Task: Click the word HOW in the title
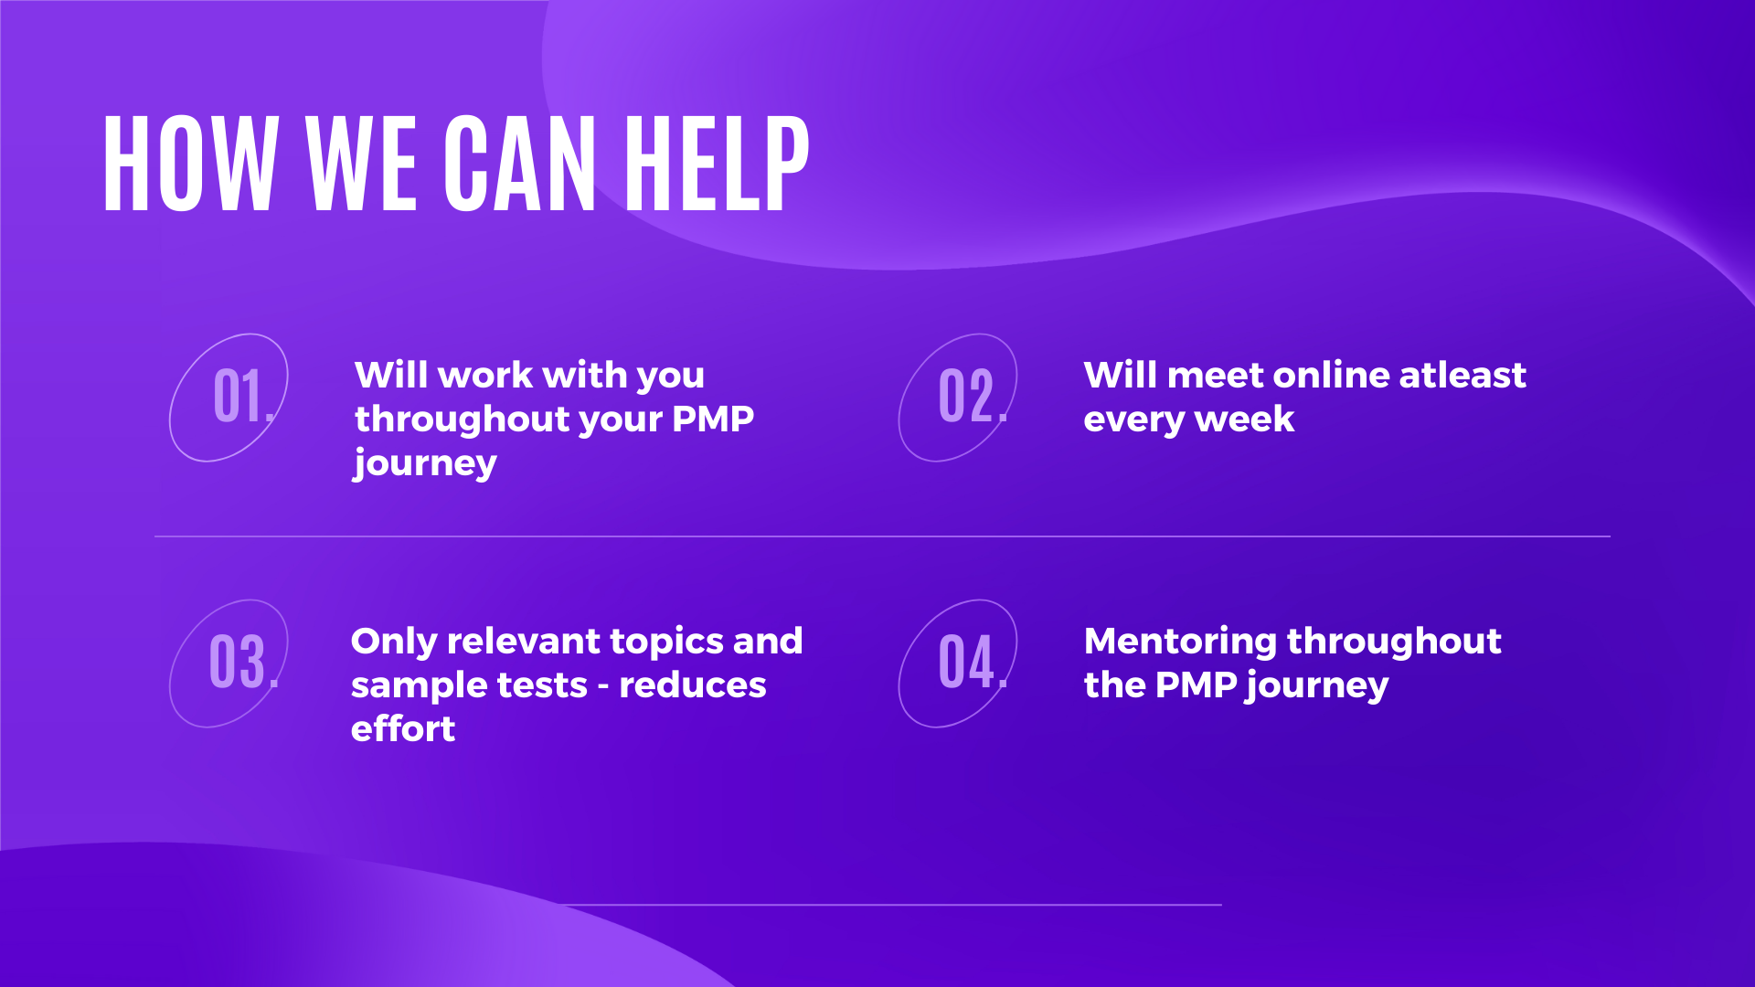pyautogui.click(x=190, y=164)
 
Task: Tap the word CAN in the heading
pyautogui.click(x=520, y=164)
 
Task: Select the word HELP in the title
pyautogui.click(x=717, y=164)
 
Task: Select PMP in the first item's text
pyautogui.click(x=713, y=419)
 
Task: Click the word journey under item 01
pyautogui.click(x=426, y=464)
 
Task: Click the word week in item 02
pyautogui.click(x=1244, y=419)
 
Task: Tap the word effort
pyautogui.click(x=403, y=728)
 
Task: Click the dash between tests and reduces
pyautogui.click(x=603, y=687)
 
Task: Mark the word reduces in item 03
pyautogui.click(x=693, y=685)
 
